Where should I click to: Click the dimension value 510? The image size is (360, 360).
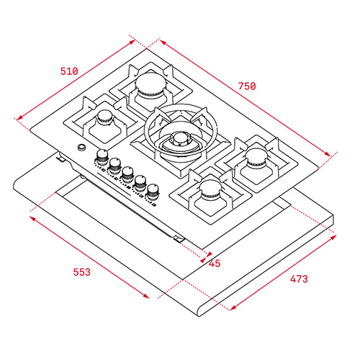tap(69, 71)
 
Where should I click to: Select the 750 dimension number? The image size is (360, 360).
tap(247, 86)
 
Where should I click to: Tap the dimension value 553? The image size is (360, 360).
tap(82, 272)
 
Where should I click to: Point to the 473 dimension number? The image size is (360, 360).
tap(299, 279)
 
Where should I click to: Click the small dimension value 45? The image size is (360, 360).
tap(215, 264)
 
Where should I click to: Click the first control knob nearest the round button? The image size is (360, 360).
tap(102, 157)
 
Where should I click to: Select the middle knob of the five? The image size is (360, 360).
tap(127, 174)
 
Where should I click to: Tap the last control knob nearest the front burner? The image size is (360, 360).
tap(153, 192)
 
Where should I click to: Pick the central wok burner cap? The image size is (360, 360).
tap(181, 140)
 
